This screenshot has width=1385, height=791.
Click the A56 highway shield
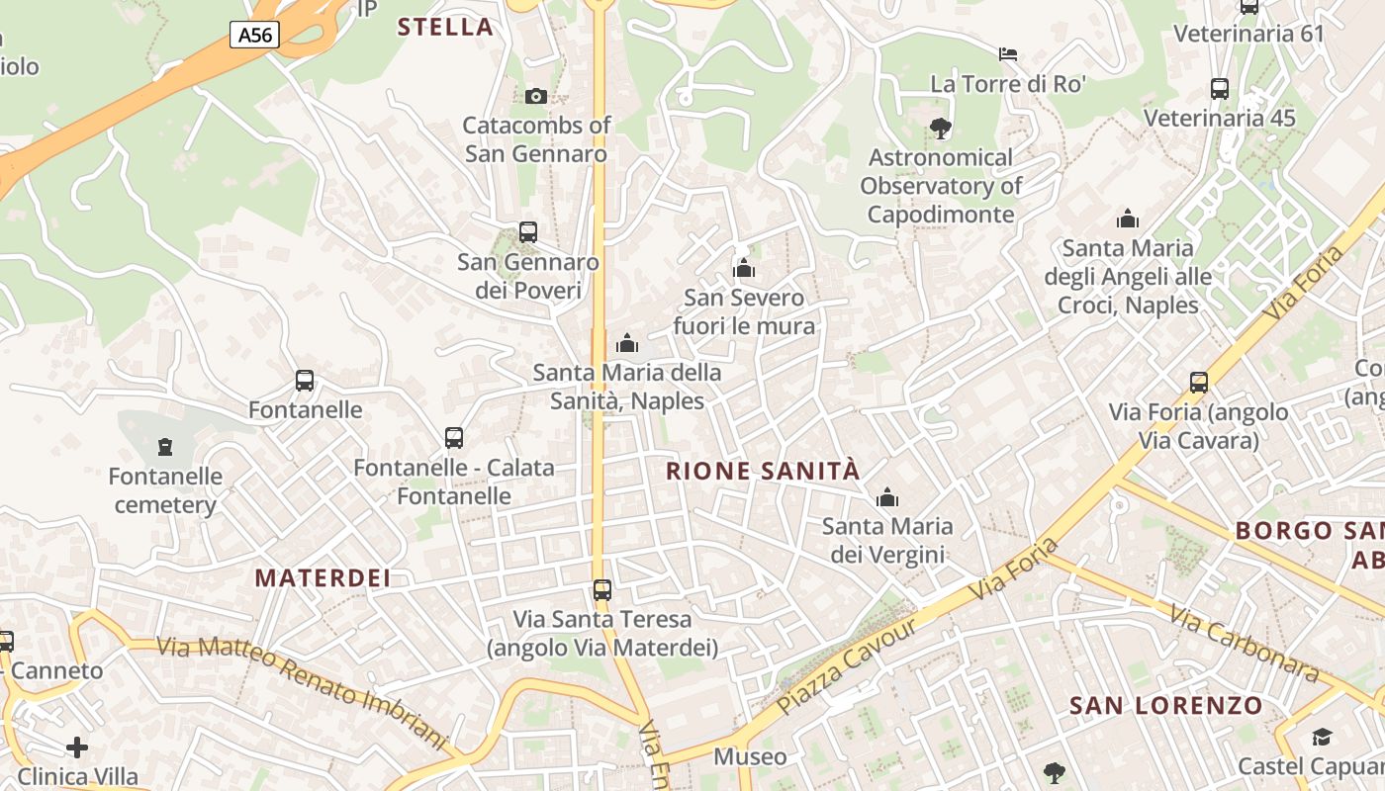254,36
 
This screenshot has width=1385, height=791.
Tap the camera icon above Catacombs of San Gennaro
536,96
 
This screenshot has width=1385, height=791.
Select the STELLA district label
445,27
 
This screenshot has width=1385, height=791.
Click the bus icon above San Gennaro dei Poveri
528,232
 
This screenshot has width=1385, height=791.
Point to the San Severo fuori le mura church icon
744,268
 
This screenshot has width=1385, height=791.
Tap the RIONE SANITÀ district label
763,472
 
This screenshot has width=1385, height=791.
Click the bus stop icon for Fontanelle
305,381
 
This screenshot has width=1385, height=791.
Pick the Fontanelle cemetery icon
164,447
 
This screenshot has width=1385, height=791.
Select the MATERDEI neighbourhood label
323,578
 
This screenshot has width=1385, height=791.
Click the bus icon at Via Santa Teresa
601,590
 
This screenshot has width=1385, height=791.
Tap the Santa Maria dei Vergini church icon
887,496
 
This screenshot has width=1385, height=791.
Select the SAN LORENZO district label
1166,706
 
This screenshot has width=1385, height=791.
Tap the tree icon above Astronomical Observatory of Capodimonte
940,128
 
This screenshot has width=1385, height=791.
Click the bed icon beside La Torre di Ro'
1008,53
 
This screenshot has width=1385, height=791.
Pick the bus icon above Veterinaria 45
1220,89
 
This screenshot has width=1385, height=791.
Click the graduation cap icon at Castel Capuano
1322,737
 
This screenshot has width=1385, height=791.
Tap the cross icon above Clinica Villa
77,747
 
